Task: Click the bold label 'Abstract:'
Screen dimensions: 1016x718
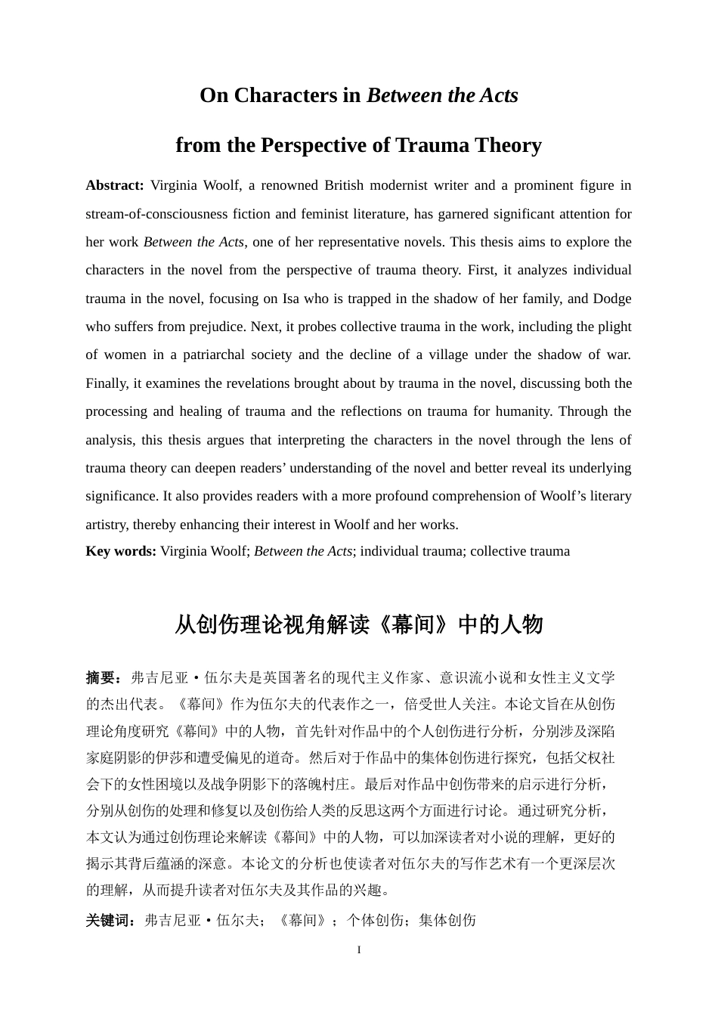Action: pos(114,186)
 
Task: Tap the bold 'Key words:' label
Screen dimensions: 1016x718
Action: pos(121,551)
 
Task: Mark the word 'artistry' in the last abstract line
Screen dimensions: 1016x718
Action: pos(107,525)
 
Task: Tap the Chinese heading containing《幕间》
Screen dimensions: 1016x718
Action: pos(359,625)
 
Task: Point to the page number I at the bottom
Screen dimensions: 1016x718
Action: pos(359,950)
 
